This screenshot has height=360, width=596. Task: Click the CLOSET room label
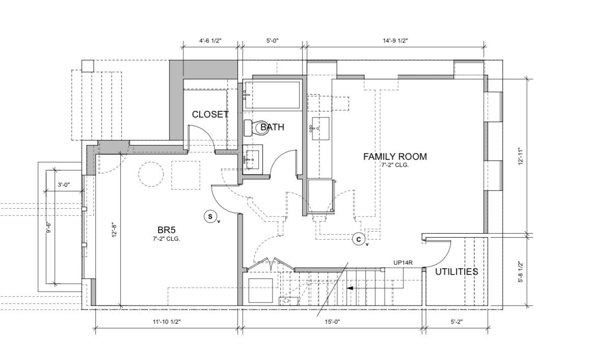click(x=210, y=114)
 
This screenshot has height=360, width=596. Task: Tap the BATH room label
click(x=272, y=127)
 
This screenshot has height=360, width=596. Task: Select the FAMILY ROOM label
click(x=395, y=156)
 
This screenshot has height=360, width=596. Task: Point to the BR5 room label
click(x=167, y=230)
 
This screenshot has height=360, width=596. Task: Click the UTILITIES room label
click(x=456, y=272)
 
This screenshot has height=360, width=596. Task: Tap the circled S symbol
click(x=210, y=217)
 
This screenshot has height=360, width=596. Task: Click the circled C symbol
click(x=359, y=240)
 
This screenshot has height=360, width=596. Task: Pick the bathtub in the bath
click(x=273, y=95)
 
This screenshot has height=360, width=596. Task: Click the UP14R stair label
click(x=403, y=262)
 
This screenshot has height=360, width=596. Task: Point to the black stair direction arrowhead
click(x=350, y=288)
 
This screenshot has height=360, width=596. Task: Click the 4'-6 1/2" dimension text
click(x=210, y=40)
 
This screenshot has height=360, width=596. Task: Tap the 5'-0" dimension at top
click(x=273, y=40)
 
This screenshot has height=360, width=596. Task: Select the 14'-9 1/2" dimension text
click(x=395, y=40)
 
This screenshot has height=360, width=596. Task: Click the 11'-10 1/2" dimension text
click(x=167, y=322)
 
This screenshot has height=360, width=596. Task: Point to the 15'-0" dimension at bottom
click(x=333, y=322)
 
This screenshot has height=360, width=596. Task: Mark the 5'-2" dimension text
click(x=456, y=322)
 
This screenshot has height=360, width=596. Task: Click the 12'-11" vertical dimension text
click(x=521, y=156)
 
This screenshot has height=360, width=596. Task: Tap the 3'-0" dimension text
click(x=64, y=185)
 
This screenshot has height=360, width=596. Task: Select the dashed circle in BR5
click(x=151, y=174)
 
